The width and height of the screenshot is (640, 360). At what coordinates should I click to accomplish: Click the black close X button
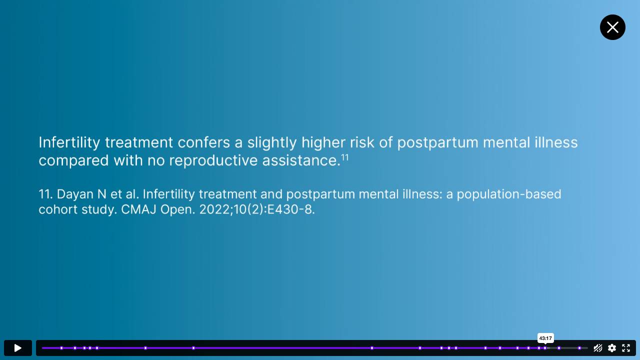click(612, 27)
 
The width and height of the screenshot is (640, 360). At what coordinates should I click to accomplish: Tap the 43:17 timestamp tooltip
click(545, 338)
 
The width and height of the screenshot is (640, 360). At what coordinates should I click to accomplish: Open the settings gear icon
click(611, 348)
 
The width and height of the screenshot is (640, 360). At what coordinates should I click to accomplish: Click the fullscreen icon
click(626, 348)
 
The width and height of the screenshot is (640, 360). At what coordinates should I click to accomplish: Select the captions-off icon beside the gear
click(597, 348)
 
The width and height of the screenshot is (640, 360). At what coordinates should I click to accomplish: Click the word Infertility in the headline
click(69, 142)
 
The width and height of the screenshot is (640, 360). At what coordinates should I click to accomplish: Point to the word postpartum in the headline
click(437, 142)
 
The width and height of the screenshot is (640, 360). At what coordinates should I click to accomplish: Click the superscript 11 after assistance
click(345, 157)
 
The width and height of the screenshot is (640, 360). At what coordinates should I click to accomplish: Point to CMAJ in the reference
click(138, 209)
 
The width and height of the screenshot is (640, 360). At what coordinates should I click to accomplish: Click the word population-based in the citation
click(509, 194)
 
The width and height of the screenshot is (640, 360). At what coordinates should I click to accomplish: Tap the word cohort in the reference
click(58, 209)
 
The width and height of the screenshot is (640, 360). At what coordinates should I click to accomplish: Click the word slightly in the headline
click(271, 142)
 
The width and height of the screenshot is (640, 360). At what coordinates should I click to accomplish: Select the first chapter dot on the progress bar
click(61, 348)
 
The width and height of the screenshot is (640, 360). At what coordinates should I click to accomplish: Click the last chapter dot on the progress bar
click(579, 348)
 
